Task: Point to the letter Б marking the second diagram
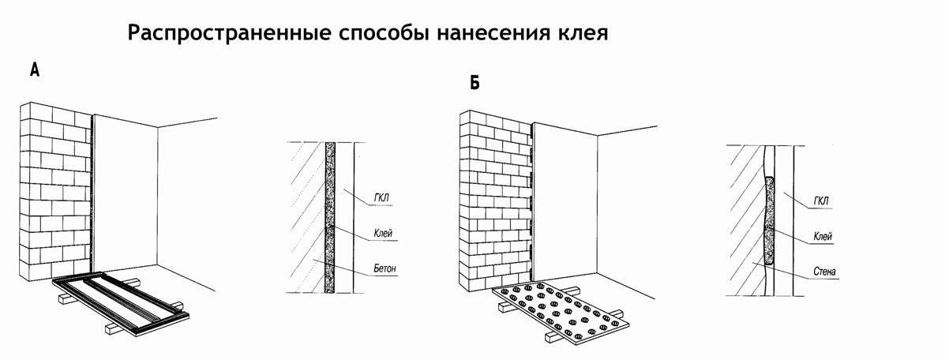click(474, 82)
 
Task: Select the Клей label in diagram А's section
click(384, 234)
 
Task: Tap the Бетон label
click(386, 269)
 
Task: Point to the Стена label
click(824, 272)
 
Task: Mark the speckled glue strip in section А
click(330, 217)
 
